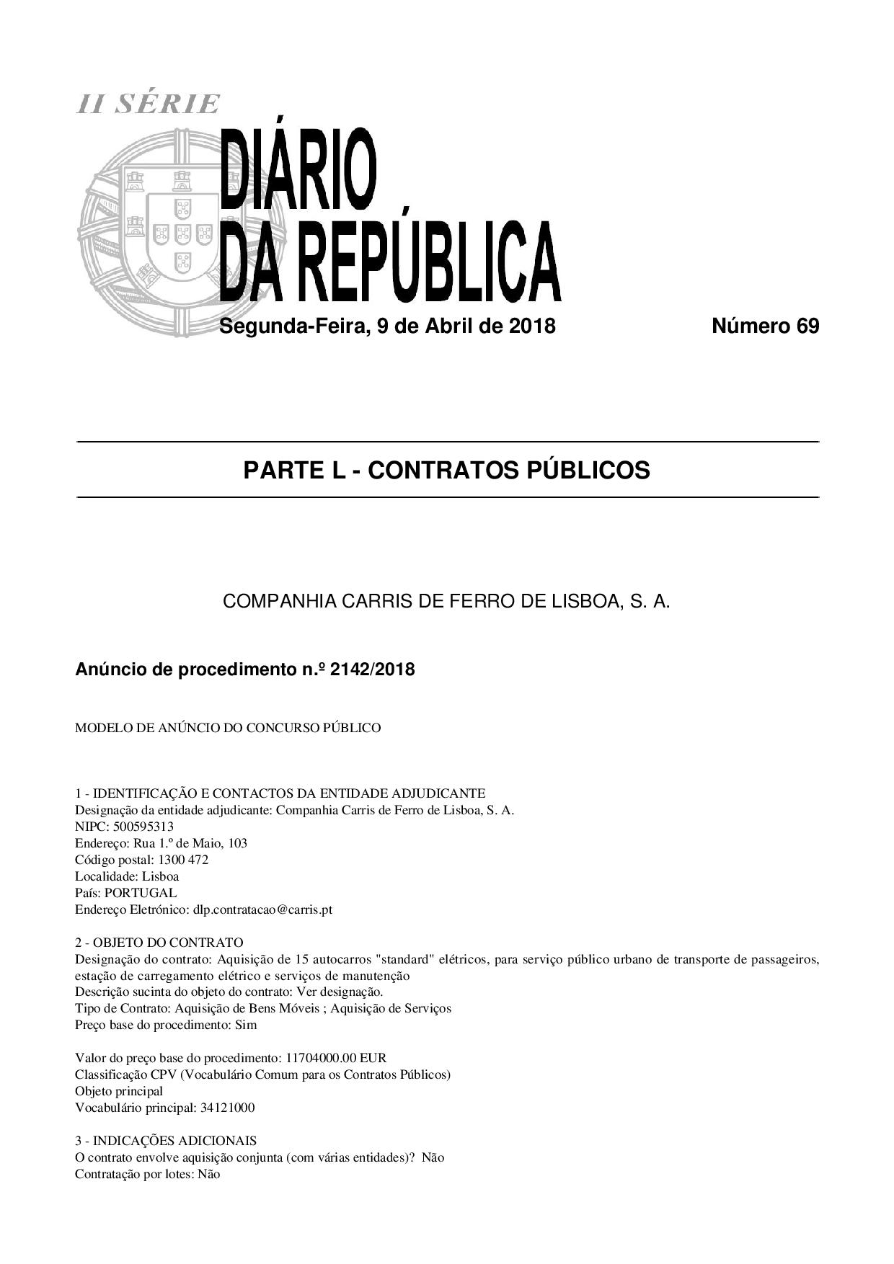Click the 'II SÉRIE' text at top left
tap(148, 104)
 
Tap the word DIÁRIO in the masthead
tap(298, 169)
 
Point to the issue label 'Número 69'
tap(765, 326)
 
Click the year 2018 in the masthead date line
tap(532, 326)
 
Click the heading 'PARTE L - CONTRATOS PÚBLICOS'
tap(446, 471)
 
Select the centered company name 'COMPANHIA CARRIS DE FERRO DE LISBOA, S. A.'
tap(446, 601)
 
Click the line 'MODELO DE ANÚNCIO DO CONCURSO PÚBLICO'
tap(228, 728)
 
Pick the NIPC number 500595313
tap(143, 827)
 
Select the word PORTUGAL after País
tap(141, 893)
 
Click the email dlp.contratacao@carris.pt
tap(262, 909)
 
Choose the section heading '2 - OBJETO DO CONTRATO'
tap(159, 943)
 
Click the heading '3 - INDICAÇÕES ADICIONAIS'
tap(166, 1141)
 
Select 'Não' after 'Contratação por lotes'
tap(209, 1174)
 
